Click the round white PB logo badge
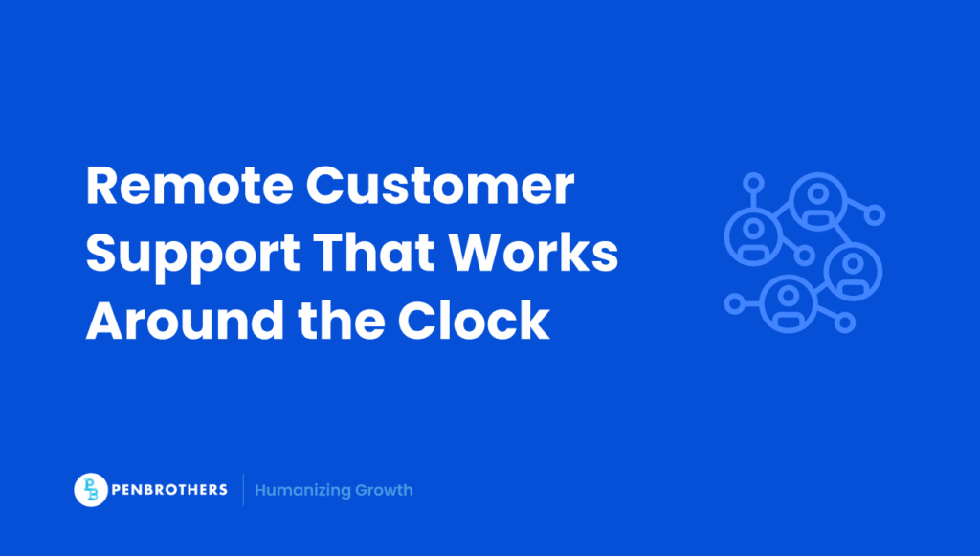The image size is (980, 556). coord(91,490)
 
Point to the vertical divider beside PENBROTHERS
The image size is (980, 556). coord(243,490)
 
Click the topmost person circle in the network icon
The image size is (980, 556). coord(816,198)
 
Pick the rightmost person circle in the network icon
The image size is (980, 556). coord(852,270)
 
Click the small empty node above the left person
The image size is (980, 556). coord(754,182)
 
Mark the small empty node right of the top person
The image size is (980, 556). coord(875,215)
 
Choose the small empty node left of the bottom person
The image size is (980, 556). coord(735,304)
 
